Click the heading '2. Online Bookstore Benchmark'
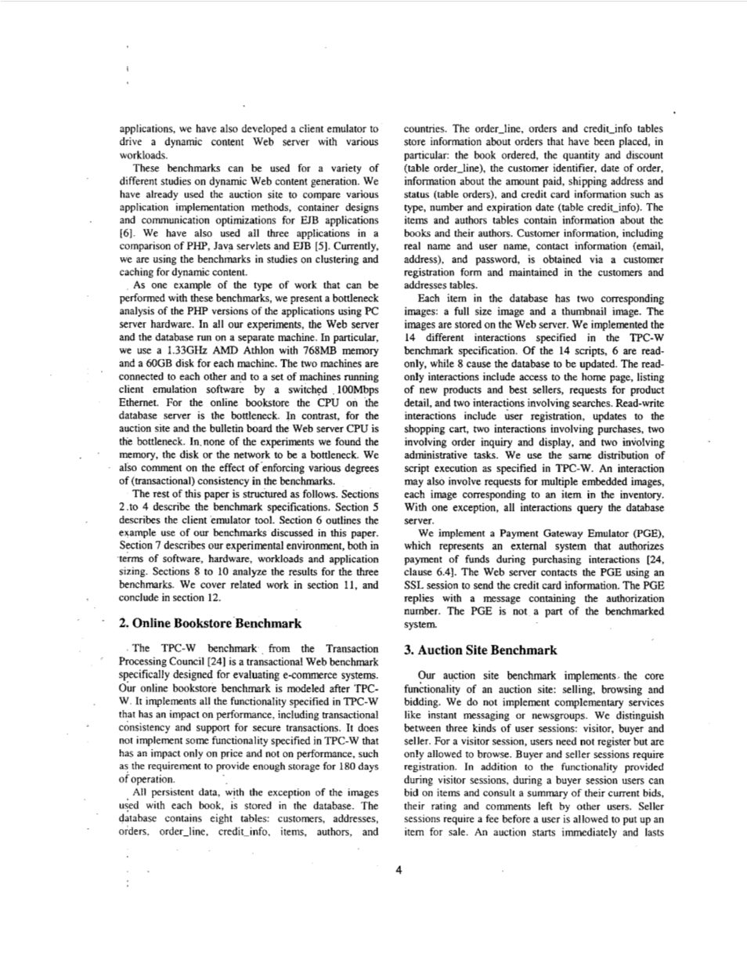point(210,624)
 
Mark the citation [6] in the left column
point(127,234)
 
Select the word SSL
point(413,585)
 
